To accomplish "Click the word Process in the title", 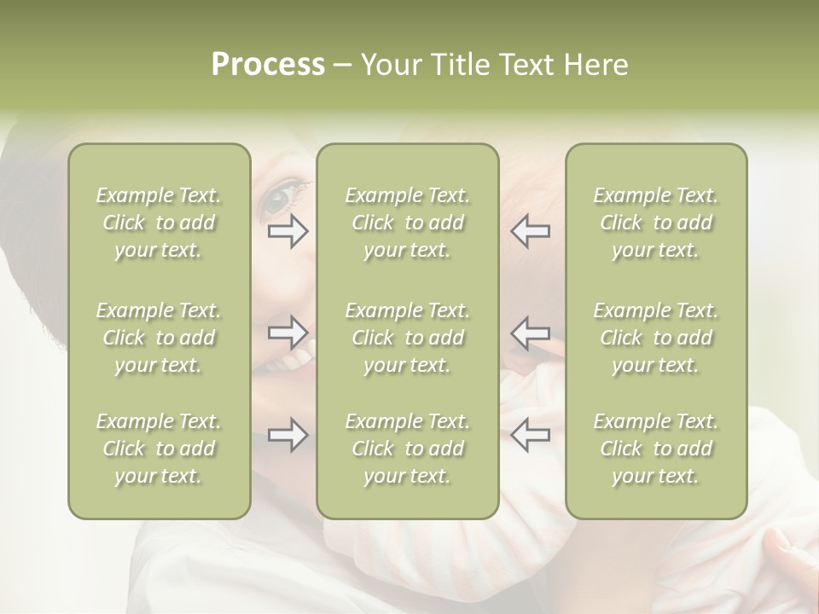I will point(268,65).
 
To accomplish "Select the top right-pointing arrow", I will point(288,231).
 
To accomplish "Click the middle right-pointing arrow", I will point(288,333).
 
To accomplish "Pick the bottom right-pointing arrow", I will point(288,435).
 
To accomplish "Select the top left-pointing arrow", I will point(530,231).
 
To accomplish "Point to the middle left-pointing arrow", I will point(530,333).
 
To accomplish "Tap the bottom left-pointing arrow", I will point(530,435).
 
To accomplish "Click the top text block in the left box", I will point(159,223).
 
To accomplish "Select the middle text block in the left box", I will point(159,338).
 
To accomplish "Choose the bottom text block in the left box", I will point(159,449).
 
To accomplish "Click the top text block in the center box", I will point(408,223).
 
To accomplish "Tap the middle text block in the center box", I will point(408,338).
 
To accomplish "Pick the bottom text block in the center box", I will point(408,449).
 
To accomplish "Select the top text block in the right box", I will point(656,223).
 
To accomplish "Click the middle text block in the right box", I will point(656,338).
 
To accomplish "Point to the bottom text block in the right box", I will point(656,449).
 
